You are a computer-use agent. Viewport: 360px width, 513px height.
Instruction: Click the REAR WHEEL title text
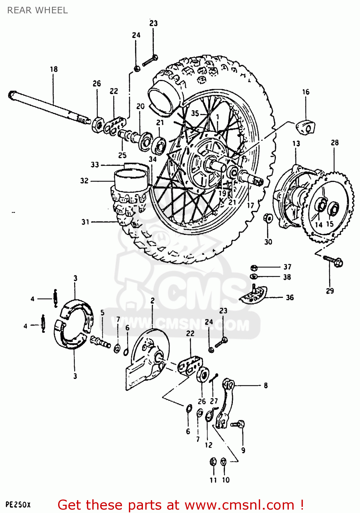pos(37,10)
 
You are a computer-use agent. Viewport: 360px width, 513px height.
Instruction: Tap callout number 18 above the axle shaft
pos(54,69)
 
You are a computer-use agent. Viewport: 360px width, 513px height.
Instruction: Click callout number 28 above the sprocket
pos(334,142)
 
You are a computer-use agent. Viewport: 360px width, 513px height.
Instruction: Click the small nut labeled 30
pos(268,218)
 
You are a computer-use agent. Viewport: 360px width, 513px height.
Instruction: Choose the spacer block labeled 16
pos(305,127)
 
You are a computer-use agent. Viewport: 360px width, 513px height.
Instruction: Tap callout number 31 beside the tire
pos(85,222)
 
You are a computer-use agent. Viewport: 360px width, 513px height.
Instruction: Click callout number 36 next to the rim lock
pos(290,297)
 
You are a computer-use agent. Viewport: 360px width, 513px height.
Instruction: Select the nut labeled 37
pos(254,267)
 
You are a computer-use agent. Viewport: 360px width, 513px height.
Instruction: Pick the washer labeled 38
pos(254,276)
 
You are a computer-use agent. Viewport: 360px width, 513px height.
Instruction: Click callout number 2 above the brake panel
pos(152,300)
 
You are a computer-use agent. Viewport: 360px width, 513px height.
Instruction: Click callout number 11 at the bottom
pos(213,480)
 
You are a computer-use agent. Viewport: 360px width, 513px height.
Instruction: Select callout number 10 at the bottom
pos(226,480)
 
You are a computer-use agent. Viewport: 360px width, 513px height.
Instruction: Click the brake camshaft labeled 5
pos(100,341)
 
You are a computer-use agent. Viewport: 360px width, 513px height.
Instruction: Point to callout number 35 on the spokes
pos(195,113)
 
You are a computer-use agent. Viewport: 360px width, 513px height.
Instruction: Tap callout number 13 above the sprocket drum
pos(296,143)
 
